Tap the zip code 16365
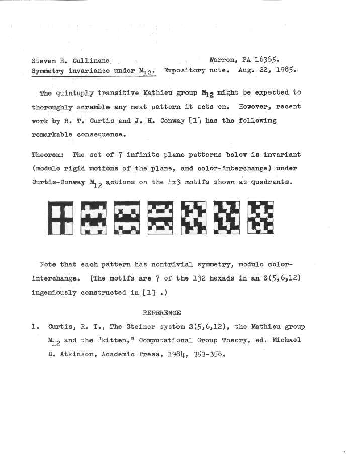point(266,59)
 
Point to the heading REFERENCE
point(161,312)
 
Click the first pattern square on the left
point(60,218)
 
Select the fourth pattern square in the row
point(160,218)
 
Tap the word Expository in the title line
point(184,70)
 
